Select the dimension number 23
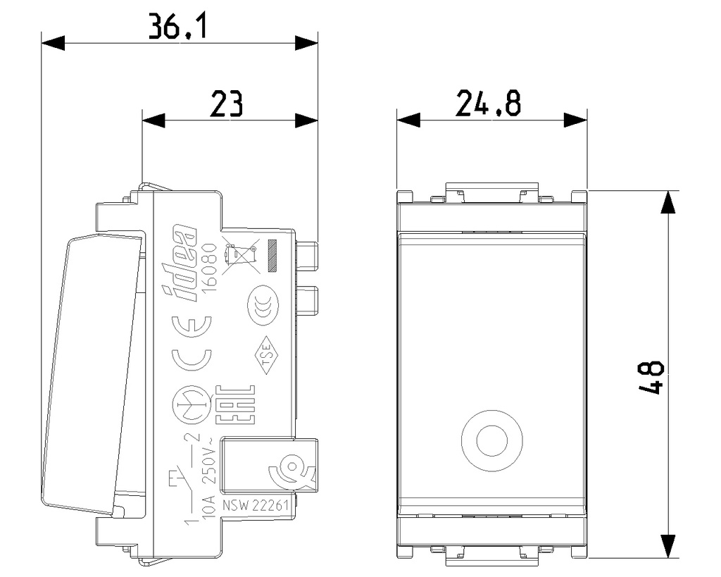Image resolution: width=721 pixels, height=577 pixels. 226,105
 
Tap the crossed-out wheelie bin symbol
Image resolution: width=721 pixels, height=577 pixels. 239,256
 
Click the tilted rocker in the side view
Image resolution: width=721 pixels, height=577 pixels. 92,373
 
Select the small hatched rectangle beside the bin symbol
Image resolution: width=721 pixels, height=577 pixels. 273,256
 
